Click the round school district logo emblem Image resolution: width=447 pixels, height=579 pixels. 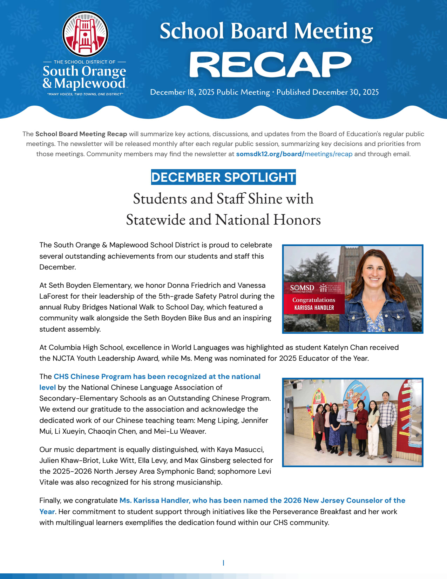(85, 34)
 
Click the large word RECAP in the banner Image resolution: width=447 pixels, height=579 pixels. (270, 65)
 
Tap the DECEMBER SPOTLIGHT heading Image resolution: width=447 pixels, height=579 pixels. (223, 177)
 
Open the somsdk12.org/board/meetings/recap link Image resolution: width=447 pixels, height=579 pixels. (294, 154)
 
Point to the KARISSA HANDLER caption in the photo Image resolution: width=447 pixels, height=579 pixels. (314, 308)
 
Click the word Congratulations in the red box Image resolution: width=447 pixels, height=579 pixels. (314, 300)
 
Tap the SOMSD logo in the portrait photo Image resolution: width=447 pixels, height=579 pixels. (302, 288)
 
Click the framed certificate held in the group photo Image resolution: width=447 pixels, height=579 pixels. (351, 416)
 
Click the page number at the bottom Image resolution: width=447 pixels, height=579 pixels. (223, 563)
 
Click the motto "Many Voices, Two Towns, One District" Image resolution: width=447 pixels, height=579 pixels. (85, 94)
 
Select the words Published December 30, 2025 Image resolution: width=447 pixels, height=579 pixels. (327, 92)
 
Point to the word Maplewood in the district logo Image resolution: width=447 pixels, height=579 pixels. (90, 84)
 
